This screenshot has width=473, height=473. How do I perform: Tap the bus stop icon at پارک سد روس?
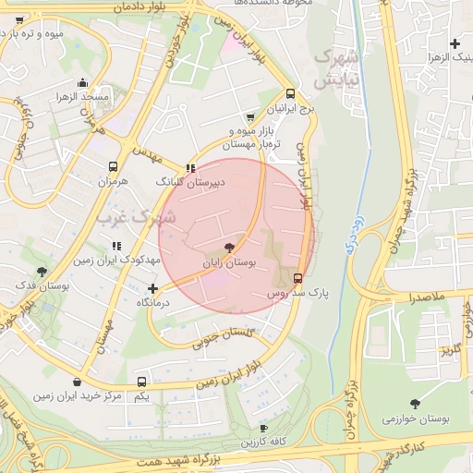click(x=297, y=278)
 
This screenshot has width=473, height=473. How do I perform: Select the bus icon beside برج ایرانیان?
click(x=291, y=93)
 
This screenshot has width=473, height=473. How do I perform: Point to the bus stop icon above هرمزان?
click(x=113, y=167)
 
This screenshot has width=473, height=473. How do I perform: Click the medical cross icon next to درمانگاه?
click(x=152, y=289)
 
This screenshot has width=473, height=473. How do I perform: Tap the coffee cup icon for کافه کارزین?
click(x=263, y=429)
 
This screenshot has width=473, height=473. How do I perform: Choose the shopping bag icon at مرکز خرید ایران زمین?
click(x=76, y=382)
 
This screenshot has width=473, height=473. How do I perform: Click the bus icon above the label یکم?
click(x=141, y=382)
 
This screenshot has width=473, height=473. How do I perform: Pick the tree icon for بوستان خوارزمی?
click(x=415, y=404)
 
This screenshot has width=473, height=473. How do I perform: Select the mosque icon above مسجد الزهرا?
click(x=83, y=81)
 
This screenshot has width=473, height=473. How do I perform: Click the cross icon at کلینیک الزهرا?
click(x=454, y=43)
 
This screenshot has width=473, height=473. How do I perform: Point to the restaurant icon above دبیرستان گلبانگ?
click(x=190, y=168)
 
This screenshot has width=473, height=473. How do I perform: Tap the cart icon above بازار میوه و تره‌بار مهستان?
click(x=250, y=117)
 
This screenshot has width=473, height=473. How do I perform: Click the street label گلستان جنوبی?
click(x=223, y=337)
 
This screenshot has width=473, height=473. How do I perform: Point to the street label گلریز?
click(x=450, y=351)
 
